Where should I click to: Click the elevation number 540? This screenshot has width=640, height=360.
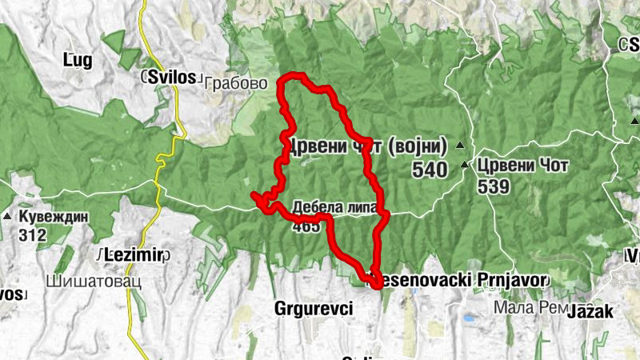click(x=430, y=170)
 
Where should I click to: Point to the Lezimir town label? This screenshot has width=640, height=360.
click(x=133, y=254)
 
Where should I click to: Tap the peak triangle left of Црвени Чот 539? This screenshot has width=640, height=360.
click(x=466, y=165)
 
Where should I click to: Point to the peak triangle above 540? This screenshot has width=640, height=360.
click(x=460, y=146)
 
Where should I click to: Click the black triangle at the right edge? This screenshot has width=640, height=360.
click(x=634, y=121)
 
